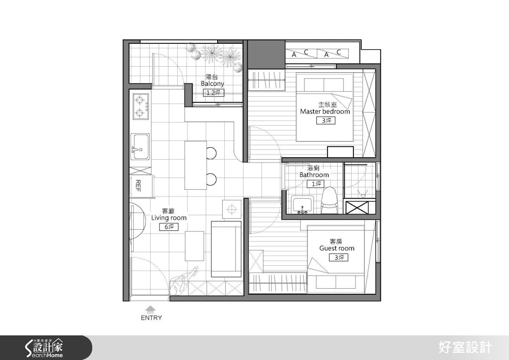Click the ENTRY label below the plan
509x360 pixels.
151,318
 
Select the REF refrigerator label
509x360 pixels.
138,186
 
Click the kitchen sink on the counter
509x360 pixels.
140,147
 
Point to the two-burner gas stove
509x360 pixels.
141,107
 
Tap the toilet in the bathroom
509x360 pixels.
330,200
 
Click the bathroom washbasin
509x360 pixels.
302,205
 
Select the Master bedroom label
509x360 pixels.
325,112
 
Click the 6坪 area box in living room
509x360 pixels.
169,227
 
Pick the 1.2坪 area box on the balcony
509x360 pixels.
213,93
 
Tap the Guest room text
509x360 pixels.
337,248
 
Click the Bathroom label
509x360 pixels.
314,175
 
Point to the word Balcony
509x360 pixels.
213,84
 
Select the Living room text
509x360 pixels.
169,218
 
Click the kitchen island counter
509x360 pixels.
196,165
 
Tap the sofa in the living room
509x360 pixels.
226,249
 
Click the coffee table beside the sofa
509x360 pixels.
194,246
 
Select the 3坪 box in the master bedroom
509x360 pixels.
326,121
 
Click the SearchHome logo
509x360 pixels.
44,348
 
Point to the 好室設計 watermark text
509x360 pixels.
465,348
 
